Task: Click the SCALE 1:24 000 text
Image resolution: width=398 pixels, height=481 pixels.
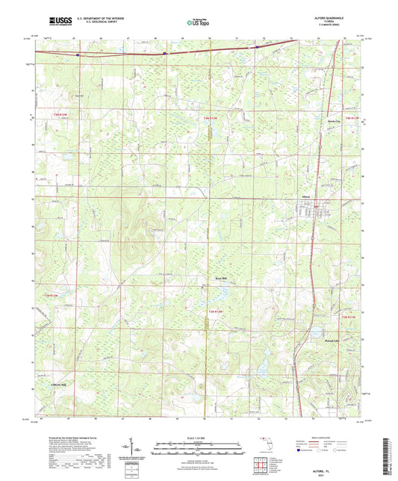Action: pyautogui.click(x=199, y=437)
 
